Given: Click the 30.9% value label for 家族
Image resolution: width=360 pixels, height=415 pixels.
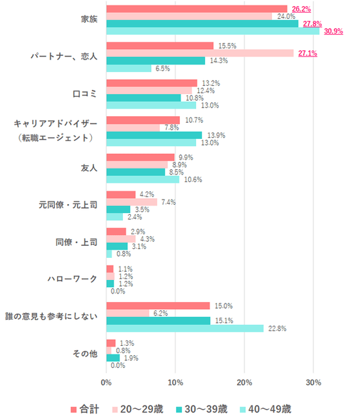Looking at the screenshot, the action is pyautogui.click(x=334, y=32).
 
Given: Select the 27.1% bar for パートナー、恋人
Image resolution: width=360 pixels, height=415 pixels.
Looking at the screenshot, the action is pyautogui.click(x=200, y=53).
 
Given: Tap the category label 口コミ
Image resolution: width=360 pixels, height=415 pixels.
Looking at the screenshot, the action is pyautogui.click(x=85, y=94).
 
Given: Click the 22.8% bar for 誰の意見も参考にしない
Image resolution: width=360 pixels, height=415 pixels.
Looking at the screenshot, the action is pyautogui.click(x=185, y=328).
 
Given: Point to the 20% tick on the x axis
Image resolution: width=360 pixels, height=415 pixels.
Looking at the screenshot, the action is pyautogui.click(x=244, y=383).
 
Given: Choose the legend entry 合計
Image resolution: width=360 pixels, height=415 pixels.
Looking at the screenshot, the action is pyautogui.click(x=85, y=409).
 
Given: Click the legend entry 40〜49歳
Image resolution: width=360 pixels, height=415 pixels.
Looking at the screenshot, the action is pyautogui.click(x=265, y=409).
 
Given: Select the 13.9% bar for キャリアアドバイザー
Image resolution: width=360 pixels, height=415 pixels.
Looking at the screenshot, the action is pyautogui.click(x=154, y=135).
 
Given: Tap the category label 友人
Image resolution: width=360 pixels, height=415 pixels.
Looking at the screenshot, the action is pyautogui.click(x=89, y=168).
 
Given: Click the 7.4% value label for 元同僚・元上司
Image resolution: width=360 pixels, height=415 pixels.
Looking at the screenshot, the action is pyautogui.click(x=169, y=202).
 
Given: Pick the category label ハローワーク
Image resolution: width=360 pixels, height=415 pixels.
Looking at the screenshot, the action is pyautogui.click(x=73, y=279).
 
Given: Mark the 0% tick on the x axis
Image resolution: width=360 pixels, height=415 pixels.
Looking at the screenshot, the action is pyautogui.click(x=106, y=383).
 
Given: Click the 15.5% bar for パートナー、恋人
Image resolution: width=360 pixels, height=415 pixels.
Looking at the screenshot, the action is pyautogui.click(x=160, y=46).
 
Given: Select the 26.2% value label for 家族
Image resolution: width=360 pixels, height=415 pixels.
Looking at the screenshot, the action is pyautogui.click(x=302, y=9).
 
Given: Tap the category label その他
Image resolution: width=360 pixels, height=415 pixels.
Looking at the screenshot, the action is pyautogui.click(x=85, y=354).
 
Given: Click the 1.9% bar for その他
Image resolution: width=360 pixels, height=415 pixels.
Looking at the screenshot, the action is pyautogui.click(x=113, y=358).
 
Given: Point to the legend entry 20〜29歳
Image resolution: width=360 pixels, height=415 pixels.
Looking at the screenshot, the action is pyautogui.click(x=138, y=409).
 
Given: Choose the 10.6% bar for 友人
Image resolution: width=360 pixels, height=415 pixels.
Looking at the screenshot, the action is pyautogui.click(x=143, y=180).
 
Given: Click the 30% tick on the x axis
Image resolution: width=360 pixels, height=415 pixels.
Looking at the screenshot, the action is pyautogui.click(x=314, y=383).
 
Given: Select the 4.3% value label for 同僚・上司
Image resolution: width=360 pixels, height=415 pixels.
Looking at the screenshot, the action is pyautogui.click(x=148, y=239).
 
